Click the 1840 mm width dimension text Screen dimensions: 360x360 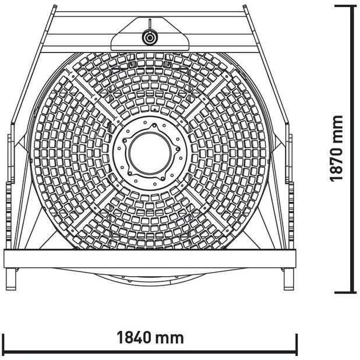150,337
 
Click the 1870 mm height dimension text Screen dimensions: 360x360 336,149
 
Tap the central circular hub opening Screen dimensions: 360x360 150,153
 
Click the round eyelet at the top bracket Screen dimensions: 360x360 150,37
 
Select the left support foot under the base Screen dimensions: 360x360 11,278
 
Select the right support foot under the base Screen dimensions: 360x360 289,278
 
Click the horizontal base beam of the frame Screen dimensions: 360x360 150,259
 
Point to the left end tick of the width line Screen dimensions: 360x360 3,344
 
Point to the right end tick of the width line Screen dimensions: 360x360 297,344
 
